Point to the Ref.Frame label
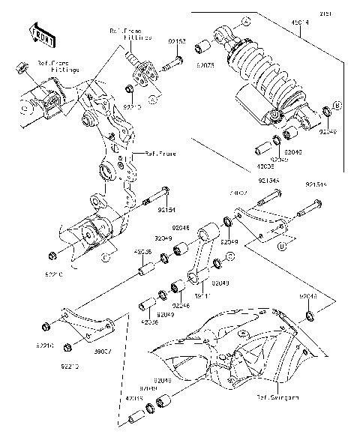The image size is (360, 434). pos(160,154)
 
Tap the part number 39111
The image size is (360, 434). pos(202,297)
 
